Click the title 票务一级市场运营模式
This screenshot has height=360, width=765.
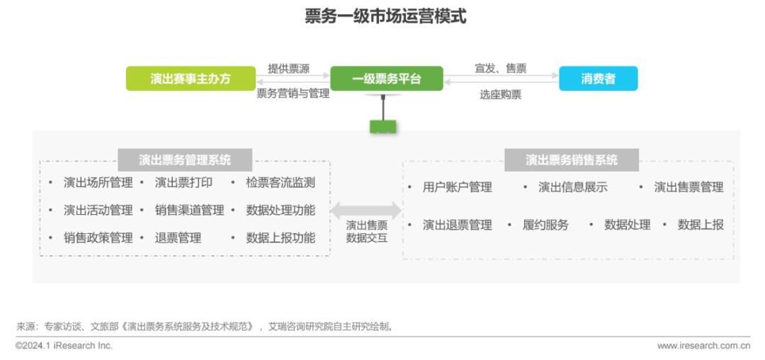pyautogui.click(x=385, y=16)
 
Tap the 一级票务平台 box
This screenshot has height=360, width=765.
pyautogui.click(x=386, y=79)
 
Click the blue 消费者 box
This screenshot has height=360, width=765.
pyautogui.click(x=598, y=79)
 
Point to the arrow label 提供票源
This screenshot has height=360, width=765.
pyautogui.click(x=288, y=69)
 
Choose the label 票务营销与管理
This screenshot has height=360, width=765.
pyautogui.click(x=293, y=93)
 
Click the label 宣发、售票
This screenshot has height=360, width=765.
pyautogui.click(x=500, y=69)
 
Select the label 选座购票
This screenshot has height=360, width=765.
pyautogui.click(x=500, y=94)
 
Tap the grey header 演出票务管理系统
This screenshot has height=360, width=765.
pyautogui.click(x=185, y=159)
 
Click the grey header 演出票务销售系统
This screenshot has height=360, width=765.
pyautogui.click(x=571, y=159)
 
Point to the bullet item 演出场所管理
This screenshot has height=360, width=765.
pyautogui.click(x=98, y=183)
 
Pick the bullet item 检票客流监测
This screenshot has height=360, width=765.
pyautogui.click(x=280, y=183)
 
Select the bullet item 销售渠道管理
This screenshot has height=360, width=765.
pyautogui.click(x=189, y=210)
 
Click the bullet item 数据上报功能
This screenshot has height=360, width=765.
pyautogui.click(x=280, y=238)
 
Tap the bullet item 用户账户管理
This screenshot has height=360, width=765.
pyautogui.click(x=457, y=187)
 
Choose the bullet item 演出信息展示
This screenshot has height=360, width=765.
pyautogui.click(x=572, y=187)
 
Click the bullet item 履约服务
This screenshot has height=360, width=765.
pyautogui.click(x=545, y=225)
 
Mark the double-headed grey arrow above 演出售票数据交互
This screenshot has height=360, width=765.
pyautogui.click(x=366, y=210)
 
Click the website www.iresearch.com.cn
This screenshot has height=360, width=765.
pyautogui.click(x=703, y=346)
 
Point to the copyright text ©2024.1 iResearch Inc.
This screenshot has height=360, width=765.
pyautogui.click(x=64, y=346)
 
